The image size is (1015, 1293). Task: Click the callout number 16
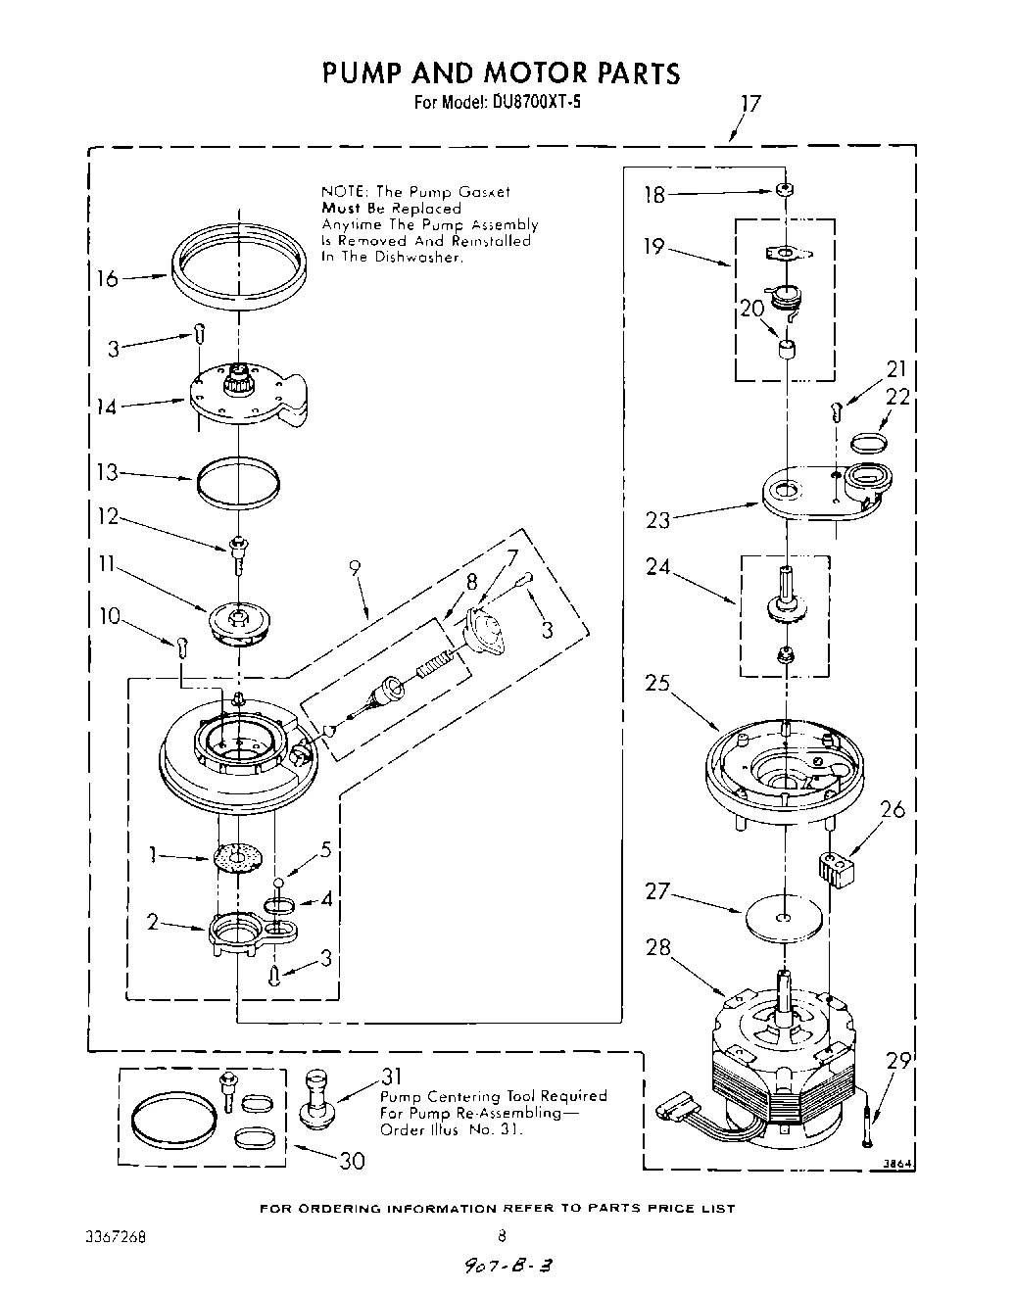pos(107,279)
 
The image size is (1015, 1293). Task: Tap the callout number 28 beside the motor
pos(659,947)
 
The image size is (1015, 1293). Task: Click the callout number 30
pos(351,1161)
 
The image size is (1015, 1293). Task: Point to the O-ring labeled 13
pos(237,480)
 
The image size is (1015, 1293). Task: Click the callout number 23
pos(657,519)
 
